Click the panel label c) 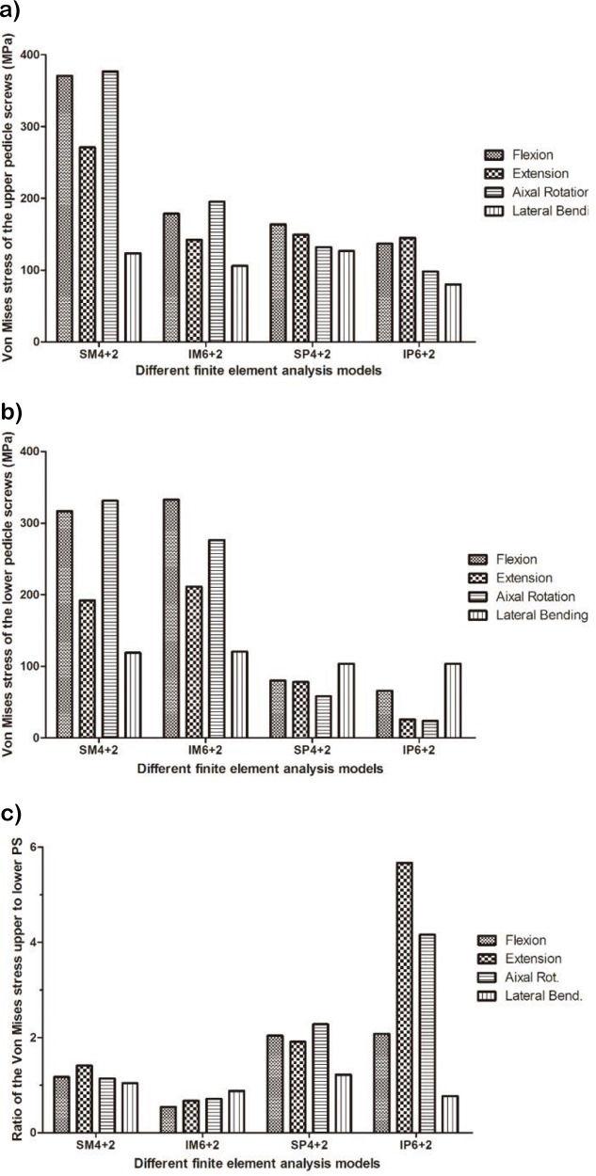pyautogui.click(x=14, y=811)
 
